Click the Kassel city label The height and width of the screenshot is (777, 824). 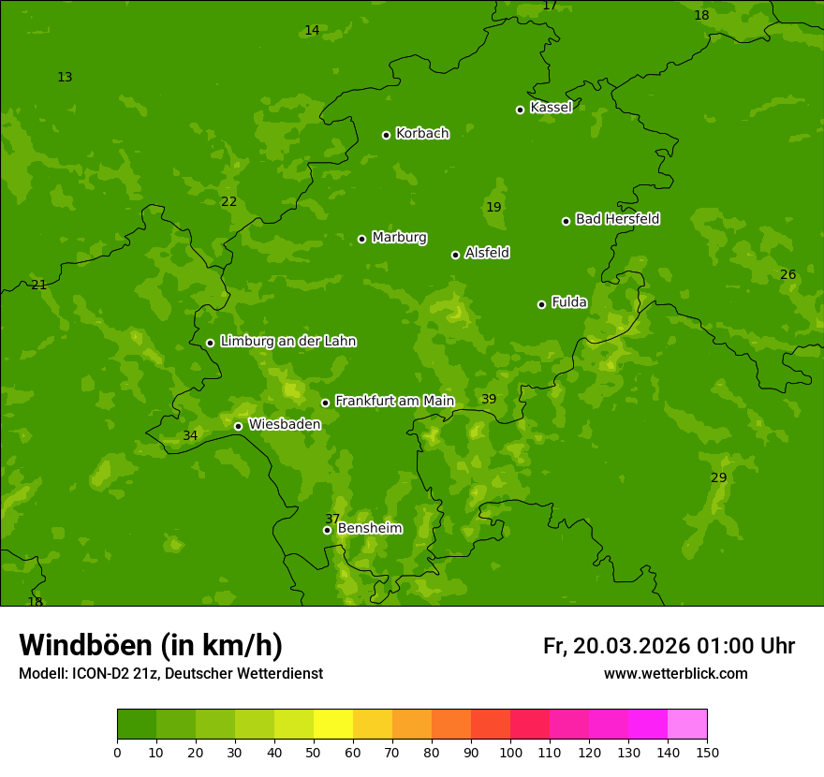tap(551, 108)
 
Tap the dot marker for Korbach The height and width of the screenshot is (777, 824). tap(386, 135)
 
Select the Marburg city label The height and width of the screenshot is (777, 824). tap(399, 238)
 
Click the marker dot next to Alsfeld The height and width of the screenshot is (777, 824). tap(455, 255)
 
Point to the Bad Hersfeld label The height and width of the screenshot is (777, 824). tap(617, 219)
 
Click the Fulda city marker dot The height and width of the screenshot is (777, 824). tap(541, 304)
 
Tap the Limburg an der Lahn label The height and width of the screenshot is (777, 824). tap(287, 342)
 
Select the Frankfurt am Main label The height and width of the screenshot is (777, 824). tap(394, 401)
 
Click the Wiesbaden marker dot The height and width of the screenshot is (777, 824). tap(238, 426)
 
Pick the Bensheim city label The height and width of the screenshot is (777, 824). tap(369, 529)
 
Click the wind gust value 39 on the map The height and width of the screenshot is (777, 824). tap(489, 400)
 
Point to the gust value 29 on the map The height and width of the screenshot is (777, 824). tap(718, 478)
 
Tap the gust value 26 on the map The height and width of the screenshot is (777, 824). tap(787, 275)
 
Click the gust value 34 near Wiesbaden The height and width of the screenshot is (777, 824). tap(190, 436)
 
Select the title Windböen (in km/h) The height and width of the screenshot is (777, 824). tap(151, 645)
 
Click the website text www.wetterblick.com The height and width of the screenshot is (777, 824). tap(675, 674)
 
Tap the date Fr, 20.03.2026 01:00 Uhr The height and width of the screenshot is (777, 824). tap(669, 646)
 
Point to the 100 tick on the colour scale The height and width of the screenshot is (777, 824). tap(510, 753)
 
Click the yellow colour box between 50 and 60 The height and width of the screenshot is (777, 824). tap(333, 725)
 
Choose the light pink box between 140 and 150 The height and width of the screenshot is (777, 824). tap(687, 725)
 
